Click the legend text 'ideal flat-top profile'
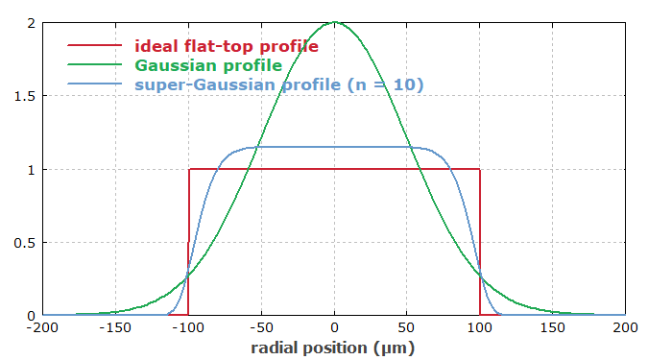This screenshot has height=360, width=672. [227, 45]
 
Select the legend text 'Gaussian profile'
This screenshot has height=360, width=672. [208, 65]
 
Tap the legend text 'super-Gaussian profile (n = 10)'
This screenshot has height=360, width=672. [279, 84]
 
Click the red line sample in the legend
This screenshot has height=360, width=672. [94, 45]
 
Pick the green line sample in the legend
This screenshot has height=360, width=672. [94, 65]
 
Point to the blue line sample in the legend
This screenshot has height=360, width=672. [94, 84]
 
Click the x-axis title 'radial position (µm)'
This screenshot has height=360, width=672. [334, 348]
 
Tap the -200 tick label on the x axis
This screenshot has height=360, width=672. [43, 327]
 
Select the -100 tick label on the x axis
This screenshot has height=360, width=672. [188, 327]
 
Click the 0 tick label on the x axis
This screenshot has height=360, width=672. [334, 327]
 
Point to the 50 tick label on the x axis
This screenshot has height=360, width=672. [407, 327]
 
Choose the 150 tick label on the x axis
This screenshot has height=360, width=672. [552, 327]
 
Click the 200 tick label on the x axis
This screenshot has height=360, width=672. [625, 327]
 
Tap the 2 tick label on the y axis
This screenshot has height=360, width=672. [32, 23]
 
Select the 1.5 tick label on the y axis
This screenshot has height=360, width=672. [26, 96]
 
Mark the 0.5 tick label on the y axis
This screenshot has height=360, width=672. [26, 242]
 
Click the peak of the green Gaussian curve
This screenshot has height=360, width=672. [334, 22]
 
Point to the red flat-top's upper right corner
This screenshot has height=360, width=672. [479, 169]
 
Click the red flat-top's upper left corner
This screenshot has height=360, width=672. [189, 169]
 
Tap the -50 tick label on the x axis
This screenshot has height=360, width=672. [261, 327]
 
